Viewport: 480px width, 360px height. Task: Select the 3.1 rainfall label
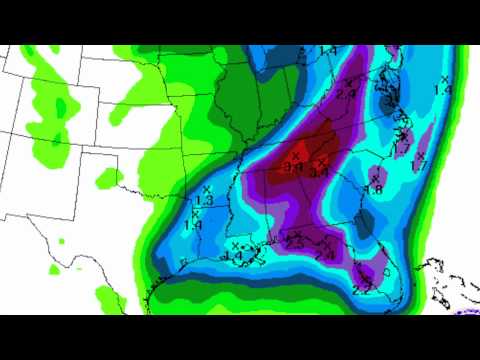point(322,172)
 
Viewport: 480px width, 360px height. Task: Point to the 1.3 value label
point(204,202)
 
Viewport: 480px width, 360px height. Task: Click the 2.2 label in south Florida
point(361,290)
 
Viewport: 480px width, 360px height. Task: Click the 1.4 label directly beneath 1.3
point(194,225)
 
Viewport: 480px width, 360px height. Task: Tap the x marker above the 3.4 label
point(296,154)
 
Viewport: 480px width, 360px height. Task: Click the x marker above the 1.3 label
point(206,189)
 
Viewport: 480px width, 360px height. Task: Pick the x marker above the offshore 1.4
point(445,77)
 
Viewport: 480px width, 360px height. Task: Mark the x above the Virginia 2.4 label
point(349,81)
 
